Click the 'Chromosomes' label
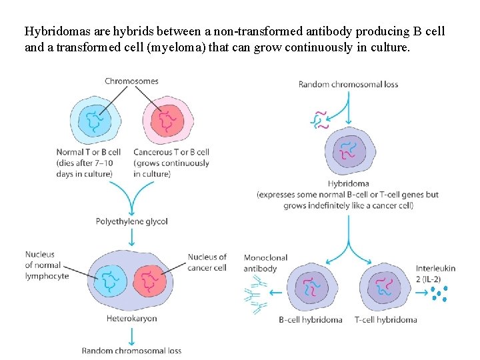131,81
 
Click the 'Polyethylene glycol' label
132,221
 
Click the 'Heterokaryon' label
131,319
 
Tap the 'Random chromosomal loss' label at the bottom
131,351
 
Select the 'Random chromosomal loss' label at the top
349,85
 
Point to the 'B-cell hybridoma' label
311,320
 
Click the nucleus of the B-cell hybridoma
311,286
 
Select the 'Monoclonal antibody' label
260,263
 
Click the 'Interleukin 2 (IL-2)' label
435,273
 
